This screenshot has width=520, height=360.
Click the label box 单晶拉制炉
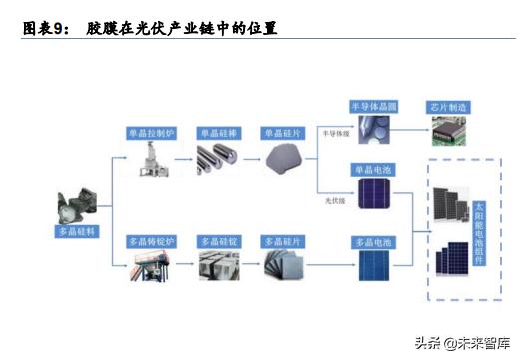(x=152, y=132)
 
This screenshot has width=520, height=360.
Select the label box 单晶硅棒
(x=220, y=132)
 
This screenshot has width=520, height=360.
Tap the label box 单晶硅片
(x=283, y=132)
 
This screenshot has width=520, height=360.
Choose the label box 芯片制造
(x=447, y=106)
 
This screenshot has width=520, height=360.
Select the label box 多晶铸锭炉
(x=152, y=242)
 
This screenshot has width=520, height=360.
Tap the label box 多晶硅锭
(x=220, y=242)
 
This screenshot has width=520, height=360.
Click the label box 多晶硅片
(x=283, y=242)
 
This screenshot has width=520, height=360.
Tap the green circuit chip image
(x=448, y=127)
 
